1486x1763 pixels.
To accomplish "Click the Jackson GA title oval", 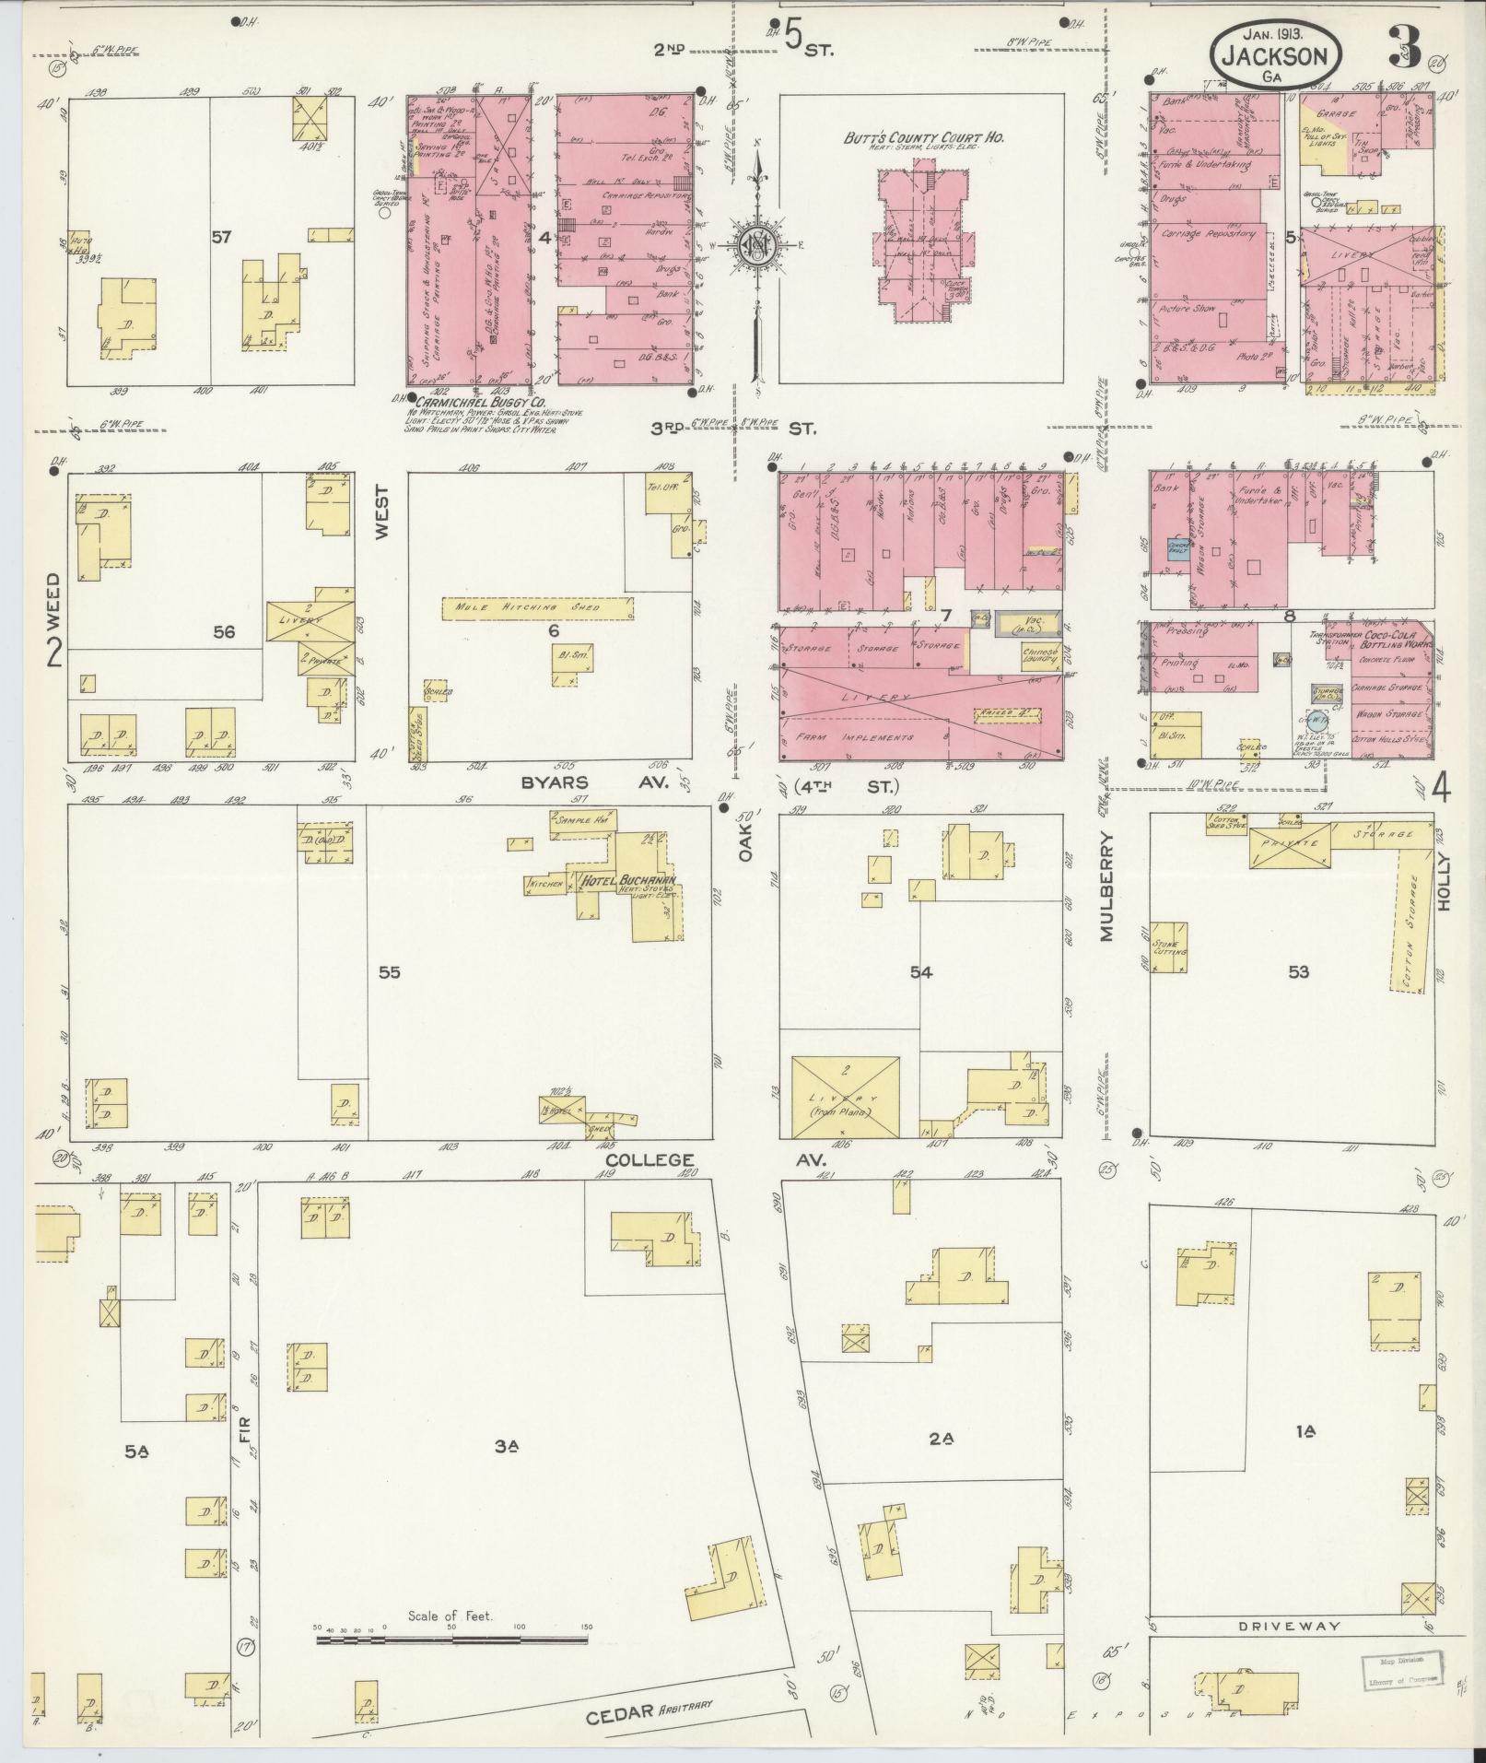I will coord(1275,57).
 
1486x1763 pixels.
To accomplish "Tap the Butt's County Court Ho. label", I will coord(924,138).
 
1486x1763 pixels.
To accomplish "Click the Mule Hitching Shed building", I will coord(538,607).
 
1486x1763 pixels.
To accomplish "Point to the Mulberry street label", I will coord(1106,887).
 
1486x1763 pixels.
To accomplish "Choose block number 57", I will coord(220,238).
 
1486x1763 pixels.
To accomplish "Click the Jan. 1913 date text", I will coord(1274,31).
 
